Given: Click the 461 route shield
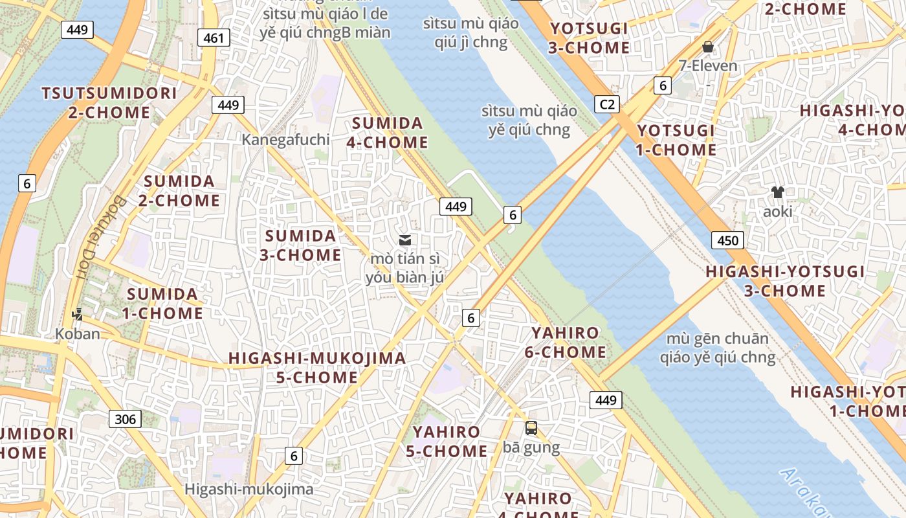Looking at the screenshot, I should pyautogui.click(x=214, y=38).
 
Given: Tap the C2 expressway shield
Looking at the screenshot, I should pyautogui.click(x=607, y=104).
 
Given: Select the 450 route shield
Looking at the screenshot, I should pyautogui.click(x=727, y=241).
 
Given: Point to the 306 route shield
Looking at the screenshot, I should pyautogui.click(x=125, y=419).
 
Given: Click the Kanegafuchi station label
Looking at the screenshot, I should pyautogui.click(x=285, y=139).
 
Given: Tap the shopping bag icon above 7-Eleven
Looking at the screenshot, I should pyautogui.click(x=708, y=47).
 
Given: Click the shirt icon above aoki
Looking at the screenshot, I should pyautogui.click(x=777, y=192).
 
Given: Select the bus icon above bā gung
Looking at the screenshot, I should pyautogui.click(x=531, y=428).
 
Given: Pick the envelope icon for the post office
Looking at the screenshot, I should pyautogui.click(x=405, y=240).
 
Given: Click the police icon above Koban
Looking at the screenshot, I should pyautogui.click(x=78, y=315).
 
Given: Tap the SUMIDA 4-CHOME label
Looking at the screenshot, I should pyautogui.click(x=388, y=133).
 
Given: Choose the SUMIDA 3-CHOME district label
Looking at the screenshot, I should pyautogui.click(x=301, y=245).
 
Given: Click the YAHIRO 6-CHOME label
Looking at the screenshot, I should pyautogui.click(x=565, y=343).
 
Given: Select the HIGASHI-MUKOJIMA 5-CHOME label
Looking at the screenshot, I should pyautogui.click(x=317, y=367).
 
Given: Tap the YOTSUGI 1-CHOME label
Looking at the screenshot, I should pyautogui.click(x=676, y=140).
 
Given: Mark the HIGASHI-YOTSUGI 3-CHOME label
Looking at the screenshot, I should pyautogui.click(x=784, y=281).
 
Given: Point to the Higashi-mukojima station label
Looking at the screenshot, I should pyautogui.click(x=249, y=489).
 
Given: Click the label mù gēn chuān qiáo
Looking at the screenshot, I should pyautogui.click(x=718, y=348).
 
